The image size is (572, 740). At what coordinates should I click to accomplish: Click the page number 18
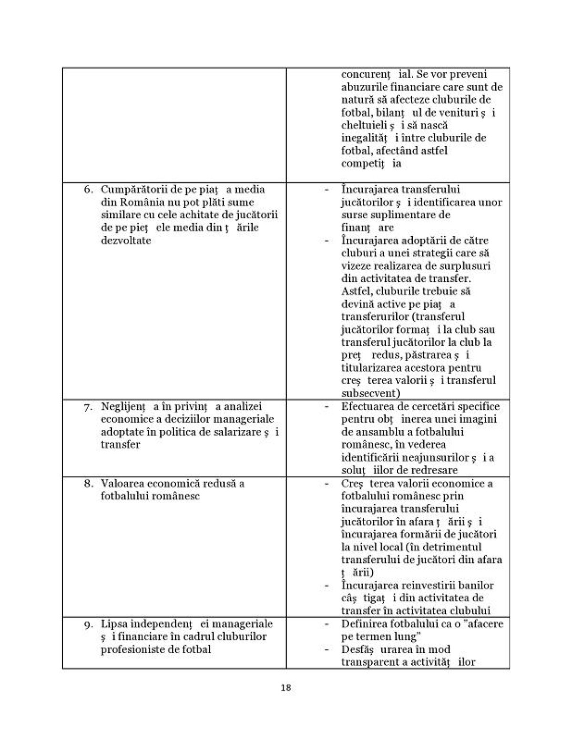[x=286, y=688]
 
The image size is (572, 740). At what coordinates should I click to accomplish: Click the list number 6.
[x=88, y=190]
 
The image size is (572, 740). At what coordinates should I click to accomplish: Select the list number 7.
[x=88, y=407]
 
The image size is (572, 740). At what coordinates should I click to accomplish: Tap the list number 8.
[x=88, y=484]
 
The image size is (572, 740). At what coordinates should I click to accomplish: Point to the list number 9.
[x=88, y=624]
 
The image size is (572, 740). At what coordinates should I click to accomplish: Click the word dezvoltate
[x=126, y=240]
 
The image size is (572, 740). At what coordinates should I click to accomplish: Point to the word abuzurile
[x=364, y=87]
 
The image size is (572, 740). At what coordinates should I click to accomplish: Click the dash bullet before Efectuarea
[x=327, y=406]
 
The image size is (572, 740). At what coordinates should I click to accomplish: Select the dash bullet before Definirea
[x=327, y=624]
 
